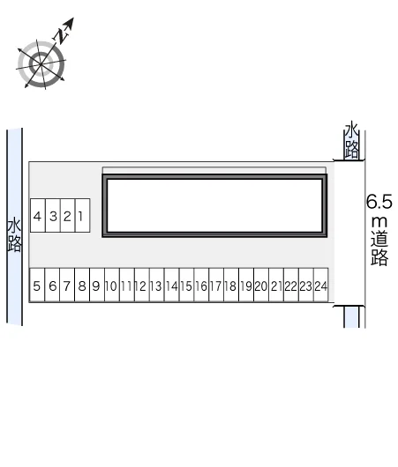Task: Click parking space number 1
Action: pyautogui.click(x=83, y=215)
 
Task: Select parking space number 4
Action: pyautogui.click(x=38, y=215)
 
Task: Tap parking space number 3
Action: pyautogui.click(x=53, y=215)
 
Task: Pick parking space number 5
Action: pyautogui.click(x=37, y=285)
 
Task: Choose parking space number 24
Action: pyautogui.click(x=321, y=285)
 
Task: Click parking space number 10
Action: pyautogui.click(x=112, y=285)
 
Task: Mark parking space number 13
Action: pyautogui.click(x=157, y=285)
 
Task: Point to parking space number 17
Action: pyautogui.click(x=216, y=285)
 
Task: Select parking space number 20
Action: pyautogui.click(x=261, y=285)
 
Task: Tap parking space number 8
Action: pyautogui.click(x=82, y=285)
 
